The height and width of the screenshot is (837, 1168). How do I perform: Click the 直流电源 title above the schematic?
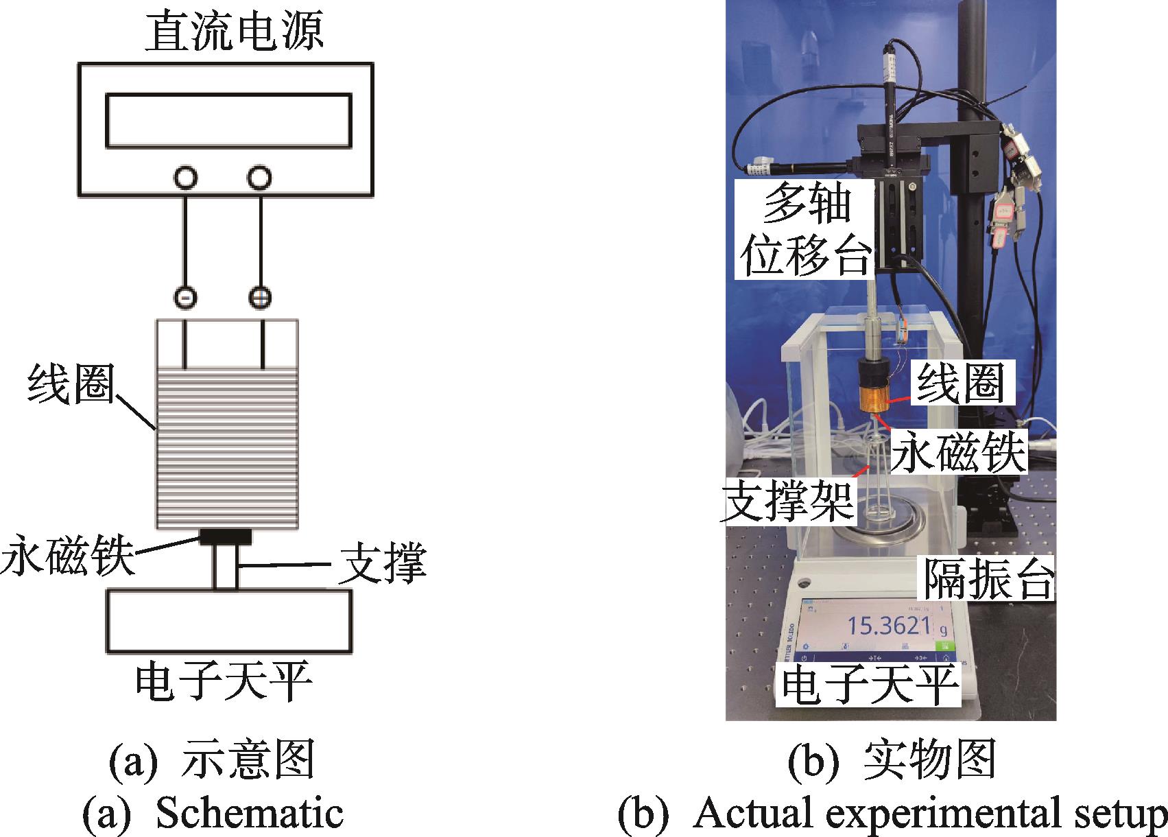pos(234,32)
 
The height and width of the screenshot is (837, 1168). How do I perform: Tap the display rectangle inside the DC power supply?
pos(228,121)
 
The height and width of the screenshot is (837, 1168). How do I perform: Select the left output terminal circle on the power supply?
pos(185,178)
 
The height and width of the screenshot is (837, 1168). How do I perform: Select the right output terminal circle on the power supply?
pos(258,178)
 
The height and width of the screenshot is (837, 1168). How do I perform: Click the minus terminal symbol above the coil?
pos(186,298)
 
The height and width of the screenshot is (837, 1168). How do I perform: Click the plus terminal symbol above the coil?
pos(260,298)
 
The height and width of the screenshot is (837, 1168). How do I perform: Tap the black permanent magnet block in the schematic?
pos(226,537)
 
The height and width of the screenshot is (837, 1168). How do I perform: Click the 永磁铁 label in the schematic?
pos(67,557)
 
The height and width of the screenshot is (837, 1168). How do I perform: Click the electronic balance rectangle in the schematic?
pos(228,621)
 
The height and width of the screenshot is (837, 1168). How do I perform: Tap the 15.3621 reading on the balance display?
pos(888,626)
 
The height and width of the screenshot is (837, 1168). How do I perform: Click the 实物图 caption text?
pos(930,762)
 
